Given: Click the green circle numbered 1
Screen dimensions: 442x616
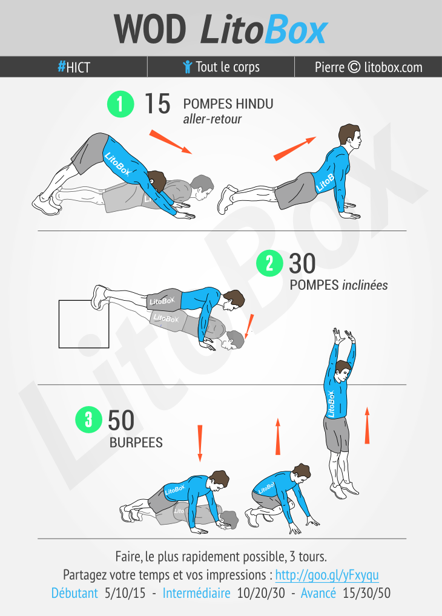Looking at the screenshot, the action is (x=120, y=104).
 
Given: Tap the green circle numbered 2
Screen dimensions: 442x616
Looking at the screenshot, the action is (x=270, y=263).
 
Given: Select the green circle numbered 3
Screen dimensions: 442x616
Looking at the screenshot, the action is (x=89, y=419).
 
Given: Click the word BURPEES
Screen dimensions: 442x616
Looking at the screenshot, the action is (x=136, y=443).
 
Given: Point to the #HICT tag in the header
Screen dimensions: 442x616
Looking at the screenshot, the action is (x=74, y=67).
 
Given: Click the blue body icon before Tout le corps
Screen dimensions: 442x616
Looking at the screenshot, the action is (x=187, y=67).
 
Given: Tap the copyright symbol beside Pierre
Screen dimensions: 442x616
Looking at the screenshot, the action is (x=354, y=67).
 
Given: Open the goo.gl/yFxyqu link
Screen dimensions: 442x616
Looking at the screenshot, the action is (x=327, y=575).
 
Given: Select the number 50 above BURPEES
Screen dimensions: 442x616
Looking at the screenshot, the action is (x=121, y=421).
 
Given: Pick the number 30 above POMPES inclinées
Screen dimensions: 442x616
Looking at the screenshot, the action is (x=302, y=263).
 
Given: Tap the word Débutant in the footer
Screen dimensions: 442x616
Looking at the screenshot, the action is (x=74, y=593).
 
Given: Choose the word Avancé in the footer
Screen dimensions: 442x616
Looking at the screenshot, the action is (x=318, y=593).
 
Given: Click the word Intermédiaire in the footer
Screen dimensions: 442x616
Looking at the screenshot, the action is (x=197, y=593).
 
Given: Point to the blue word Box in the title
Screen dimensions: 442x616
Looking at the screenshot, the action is (x=295, y=30).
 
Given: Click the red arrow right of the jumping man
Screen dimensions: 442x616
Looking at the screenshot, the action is (x=368, y=426).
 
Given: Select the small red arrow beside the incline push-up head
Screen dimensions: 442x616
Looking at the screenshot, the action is (x=249, y=326).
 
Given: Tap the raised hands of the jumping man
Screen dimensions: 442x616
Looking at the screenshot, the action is (x=344, y=336).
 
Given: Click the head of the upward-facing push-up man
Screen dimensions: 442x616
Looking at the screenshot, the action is (x=349, y=136).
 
